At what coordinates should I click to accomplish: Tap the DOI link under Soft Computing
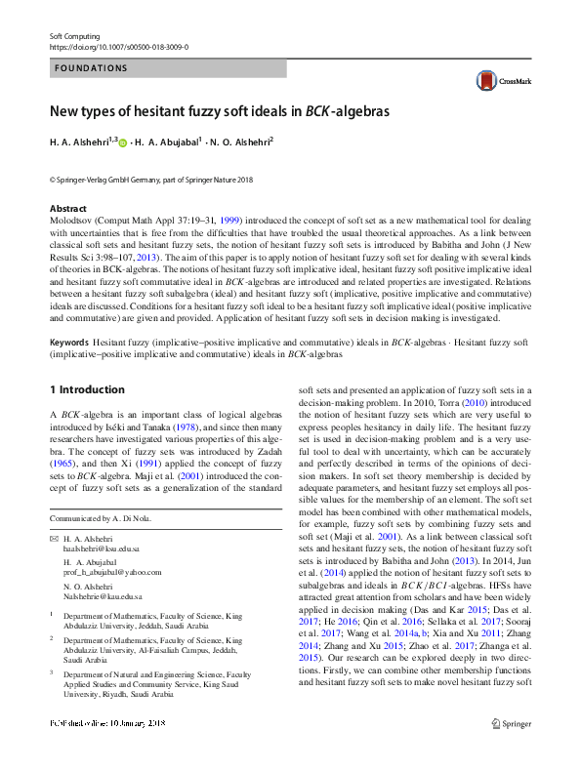click(x=118, y=46)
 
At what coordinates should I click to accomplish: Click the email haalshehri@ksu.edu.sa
click(x=102, y=549)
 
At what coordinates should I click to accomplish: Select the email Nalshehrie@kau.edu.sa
click(x=103, y=595)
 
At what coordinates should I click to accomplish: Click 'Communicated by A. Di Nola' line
click(x=101, y=518)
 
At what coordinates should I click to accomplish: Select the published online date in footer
click(x=106, y=723)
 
